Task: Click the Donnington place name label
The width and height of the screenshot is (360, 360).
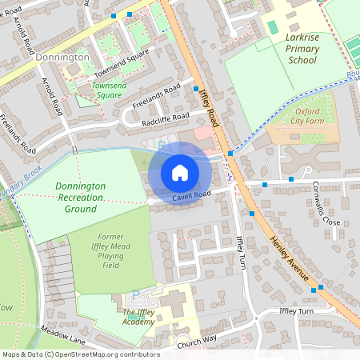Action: (62, 58)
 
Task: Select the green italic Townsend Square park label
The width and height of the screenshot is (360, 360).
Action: (110, 89)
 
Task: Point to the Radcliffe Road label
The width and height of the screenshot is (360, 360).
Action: (166, 117)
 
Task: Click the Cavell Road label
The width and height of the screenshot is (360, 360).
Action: (190, 194)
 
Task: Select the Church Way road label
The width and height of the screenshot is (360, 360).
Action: (197, 339)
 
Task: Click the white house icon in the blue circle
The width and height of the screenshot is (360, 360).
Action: (180, 173)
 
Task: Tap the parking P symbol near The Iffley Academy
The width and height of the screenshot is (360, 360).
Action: (134, 294)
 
